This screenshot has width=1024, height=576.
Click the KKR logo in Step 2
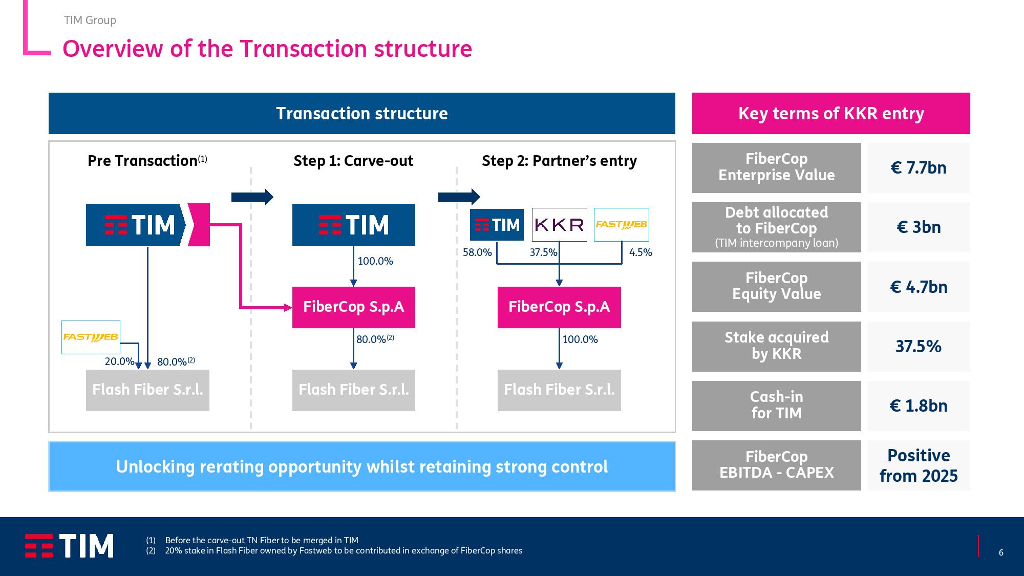(x=559, y=224)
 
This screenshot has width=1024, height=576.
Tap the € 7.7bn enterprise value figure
(x=919, y=168)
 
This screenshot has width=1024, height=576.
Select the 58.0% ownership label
(x=477, y=252)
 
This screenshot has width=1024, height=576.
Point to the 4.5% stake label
(x=641, y=252)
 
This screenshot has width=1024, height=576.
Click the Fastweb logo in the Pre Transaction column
(x=91, y=337)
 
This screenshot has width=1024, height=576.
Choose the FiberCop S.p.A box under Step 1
(x=353, y=307)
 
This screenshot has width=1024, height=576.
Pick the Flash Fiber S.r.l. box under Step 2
(x=559, y=390)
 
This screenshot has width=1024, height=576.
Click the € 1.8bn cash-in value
(x=919, y=406)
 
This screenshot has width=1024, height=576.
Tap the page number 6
(x=1001, y=552)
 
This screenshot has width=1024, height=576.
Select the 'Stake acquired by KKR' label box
(x=776, y=347)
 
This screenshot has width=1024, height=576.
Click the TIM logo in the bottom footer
(x=69, y=546)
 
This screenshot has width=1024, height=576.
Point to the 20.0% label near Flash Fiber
(x=119, y=361)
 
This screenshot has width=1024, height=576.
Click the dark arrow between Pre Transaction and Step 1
(x=252, y=197)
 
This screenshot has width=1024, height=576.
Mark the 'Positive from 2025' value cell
(x=919, y=465)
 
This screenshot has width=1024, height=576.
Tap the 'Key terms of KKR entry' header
(x=831, y=113)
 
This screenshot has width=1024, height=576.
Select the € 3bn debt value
(x=919, y=227)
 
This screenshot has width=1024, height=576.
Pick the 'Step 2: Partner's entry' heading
(x=559, y=161)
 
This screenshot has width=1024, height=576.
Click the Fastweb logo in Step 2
(x=622, y=224)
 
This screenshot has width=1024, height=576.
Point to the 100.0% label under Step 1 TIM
(x=375, y=261)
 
